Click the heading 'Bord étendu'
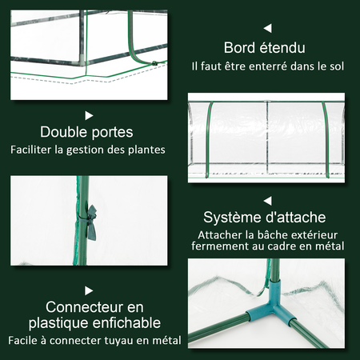(x=264, y=47)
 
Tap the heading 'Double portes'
(x=87, y=132)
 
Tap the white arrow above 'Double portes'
(x=89, y=115)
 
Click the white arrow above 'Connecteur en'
(x=89, y=290)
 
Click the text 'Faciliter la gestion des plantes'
(x=88, y=150)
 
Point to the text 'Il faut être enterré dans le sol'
(x=268, y=66)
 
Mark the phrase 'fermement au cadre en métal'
(x=267, y=247)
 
